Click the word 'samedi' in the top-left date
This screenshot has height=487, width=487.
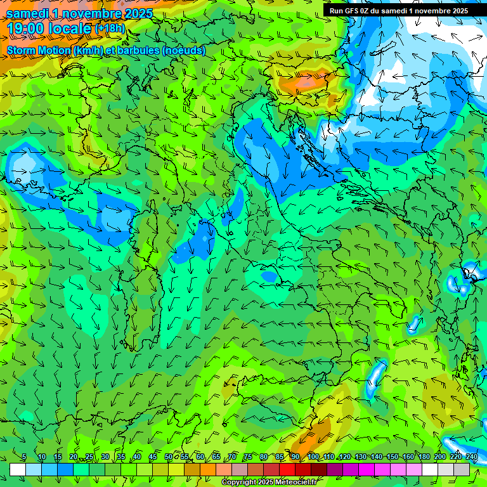coord(27,13)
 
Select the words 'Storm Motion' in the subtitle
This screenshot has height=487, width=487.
coord(39,50)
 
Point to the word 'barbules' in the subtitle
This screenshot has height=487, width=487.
coord(139,50)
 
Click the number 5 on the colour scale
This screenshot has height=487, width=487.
coord(24,457)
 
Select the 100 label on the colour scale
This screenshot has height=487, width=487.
coord(313,457)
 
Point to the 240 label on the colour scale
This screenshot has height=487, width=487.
coord(472,457)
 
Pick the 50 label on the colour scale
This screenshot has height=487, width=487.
coord(169,457)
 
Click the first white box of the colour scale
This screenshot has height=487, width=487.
coord(18,469)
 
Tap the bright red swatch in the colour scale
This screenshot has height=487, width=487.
coord(287,469)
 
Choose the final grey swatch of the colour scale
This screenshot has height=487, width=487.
coord(462,469)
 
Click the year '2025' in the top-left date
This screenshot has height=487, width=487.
coord(134,13)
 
